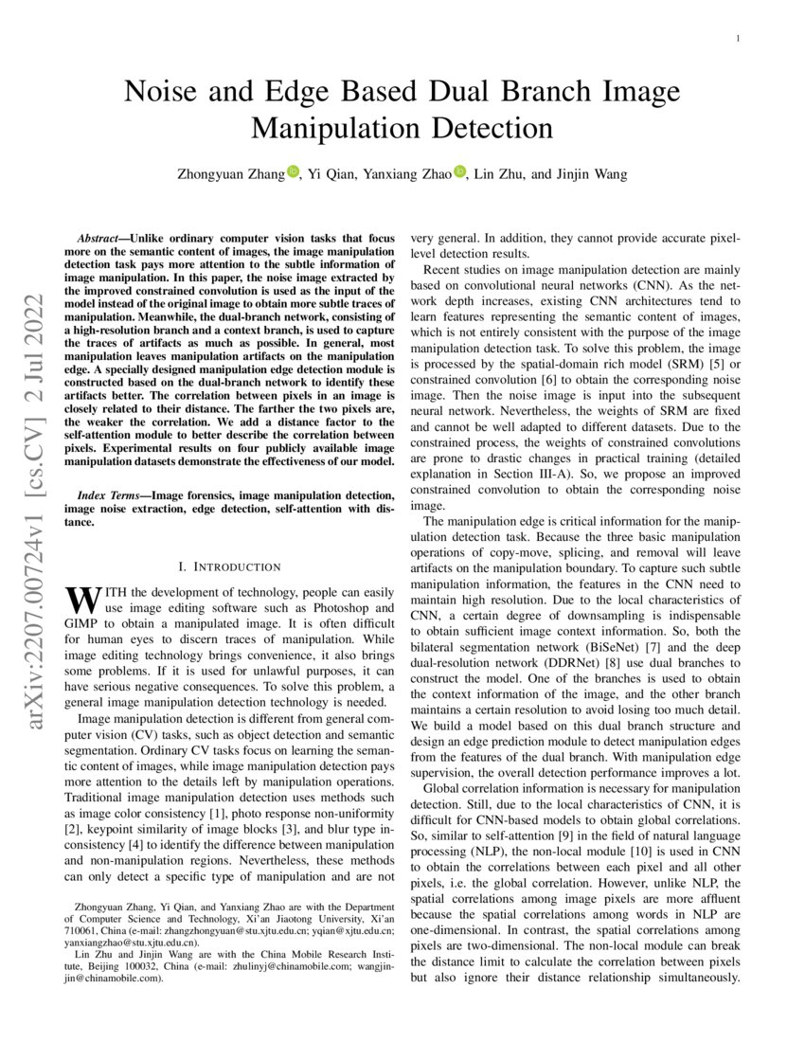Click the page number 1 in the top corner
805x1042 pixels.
[x=737, y=39]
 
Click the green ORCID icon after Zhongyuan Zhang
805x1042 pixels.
[x=293, y=171]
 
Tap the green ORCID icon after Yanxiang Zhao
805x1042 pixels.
[x=459, y=171]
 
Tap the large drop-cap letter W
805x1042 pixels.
[x=80, y=599]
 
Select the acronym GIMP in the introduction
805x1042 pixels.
[x=83, y=624]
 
